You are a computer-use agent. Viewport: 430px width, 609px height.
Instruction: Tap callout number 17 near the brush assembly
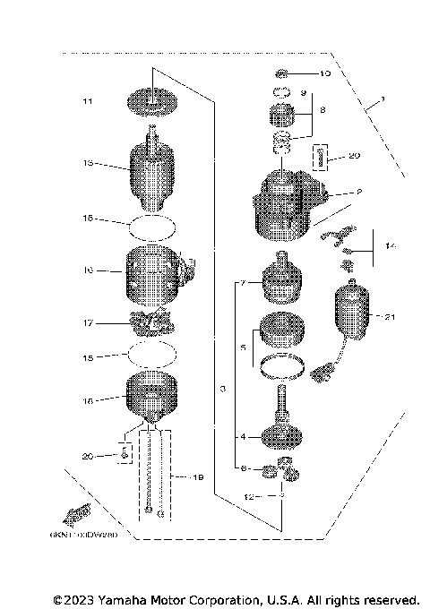(x=87, y=323)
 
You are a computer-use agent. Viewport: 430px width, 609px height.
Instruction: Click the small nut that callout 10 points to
(x=281, y=73)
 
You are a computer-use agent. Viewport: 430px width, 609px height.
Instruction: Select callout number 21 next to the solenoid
(x=388, y=316)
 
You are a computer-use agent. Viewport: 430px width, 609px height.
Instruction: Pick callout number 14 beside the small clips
(x=388, y=244)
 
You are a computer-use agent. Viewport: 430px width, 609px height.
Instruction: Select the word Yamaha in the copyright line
(x=132, y=599)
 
